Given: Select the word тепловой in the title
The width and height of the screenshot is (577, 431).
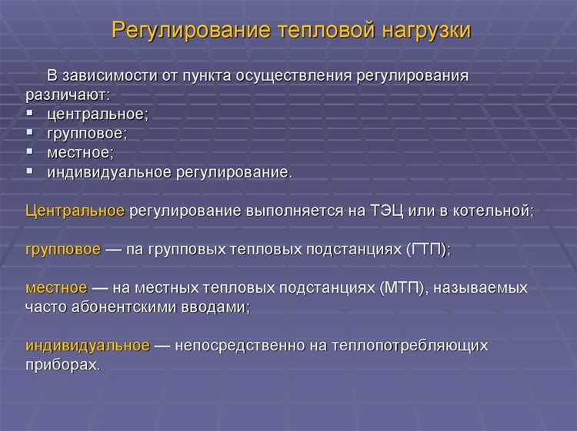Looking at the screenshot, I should point(331,30).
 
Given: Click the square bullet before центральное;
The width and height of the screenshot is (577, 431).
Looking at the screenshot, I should point(30,112).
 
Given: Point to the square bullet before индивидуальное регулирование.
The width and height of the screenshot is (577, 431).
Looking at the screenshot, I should point(30,170).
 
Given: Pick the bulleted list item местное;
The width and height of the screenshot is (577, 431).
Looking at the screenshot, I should point(80,152).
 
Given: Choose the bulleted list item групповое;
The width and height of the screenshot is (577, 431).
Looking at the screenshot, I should point(87,133).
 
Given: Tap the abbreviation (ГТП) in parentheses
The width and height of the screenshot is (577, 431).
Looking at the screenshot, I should point(428,250).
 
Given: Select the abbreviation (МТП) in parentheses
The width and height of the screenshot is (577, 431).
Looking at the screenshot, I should point(399,288).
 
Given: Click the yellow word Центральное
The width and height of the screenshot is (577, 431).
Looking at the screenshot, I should point(75,211).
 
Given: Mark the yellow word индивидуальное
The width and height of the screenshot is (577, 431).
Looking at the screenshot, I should point(87,346).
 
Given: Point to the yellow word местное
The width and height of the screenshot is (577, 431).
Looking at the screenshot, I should point(55,288).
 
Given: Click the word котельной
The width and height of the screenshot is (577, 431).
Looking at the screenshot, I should point(493,211).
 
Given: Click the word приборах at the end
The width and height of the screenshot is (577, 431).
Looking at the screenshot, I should point(62,365).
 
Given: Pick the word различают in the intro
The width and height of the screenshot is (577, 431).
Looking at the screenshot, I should point(67,94).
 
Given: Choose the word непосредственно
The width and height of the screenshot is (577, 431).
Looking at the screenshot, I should point(242,346).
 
